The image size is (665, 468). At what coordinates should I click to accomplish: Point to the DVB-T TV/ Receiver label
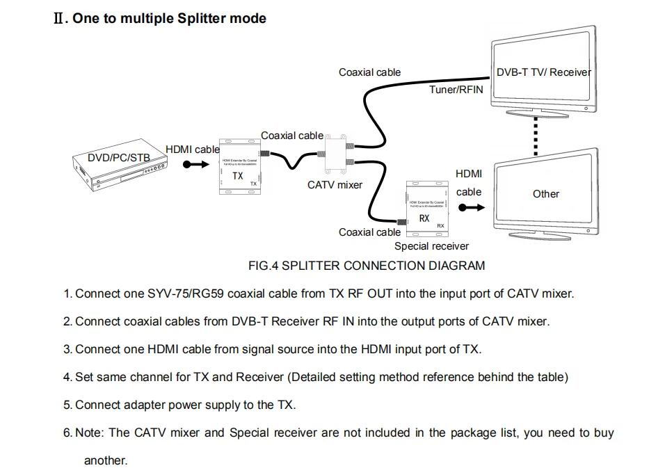point(543,72)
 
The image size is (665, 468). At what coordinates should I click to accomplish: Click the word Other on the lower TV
point(545,194)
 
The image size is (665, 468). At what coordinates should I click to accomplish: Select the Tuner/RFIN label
point(456,90)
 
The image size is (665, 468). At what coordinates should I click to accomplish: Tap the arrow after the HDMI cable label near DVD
point(195,164)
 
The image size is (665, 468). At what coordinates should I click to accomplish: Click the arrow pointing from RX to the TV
point(470,207)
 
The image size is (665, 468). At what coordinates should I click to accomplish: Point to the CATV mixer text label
point(335,185)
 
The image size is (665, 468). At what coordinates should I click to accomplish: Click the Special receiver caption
point(431,246)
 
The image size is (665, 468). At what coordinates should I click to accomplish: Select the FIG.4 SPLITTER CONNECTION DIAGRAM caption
point(367,266)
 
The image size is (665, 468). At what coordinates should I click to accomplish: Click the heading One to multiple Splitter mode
point(169,18)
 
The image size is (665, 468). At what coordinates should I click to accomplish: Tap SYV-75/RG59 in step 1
point(186,293)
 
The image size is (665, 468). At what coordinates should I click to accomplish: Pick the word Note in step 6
point(89,433)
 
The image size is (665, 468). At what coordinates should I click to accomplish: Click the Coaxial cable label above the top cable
point(369,72)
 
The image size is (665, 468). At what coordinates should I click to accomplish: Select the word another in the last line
point(106,460)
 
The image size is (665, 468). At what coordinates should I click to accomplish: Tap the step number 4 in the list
point(67,377)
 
